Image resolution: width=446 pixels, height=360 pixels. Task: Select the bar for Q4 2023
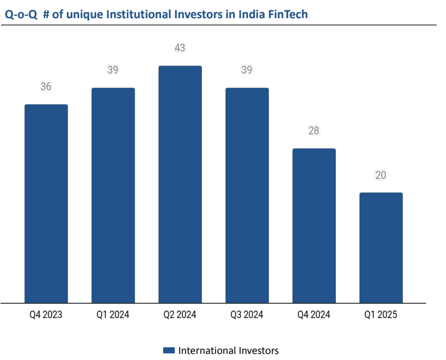(x=46, y=203)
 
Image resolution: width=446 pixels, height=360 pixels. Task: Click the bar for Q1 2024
(x=113, y=195)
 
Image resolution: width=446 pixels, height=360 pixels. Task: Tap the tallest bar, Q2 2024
(x=180, y=184)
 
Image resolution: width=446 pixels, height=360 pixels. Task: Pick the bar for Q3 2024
(x=247, y=195)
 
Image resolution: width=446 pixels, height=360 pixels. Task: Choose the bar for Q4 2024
(x=314, y=225)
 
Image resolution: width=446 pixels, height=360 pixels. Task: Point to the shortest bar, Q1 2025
(x=381, y=248)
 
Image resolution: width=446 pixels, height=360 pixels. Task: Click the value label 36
(x=46, y=87)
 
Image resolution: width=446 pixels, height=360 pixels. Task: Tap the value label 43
(x=180, y=48)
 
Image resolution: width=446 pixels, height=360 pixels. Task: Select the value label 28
(x=314, y=131)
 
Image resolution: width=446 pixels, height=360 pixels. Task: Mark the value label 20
(x=381, y=175)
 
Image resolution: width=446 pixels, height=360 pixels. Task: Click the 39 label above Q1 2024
(x=113, y=70)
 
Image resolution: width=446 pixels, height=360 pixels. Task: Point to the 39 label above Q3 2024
(x=247, y=70)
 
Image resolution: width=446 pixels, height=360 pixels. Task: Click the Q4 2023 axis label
(x=46, y=315)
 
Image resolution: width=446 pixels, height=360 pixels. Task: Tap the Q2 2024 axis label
(x=180, y=315)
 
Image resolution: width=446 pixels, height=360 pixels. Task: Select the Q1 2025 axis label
(x=381, y=315)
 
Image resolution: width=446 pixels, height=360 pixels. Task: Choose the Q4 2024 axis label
(x=314, y=315)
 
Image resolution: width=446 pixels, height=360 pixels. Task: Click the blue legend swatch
(x=169, y=351)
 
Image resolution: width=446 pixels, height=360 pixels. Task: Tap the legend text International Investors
(x=229, y=351)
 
